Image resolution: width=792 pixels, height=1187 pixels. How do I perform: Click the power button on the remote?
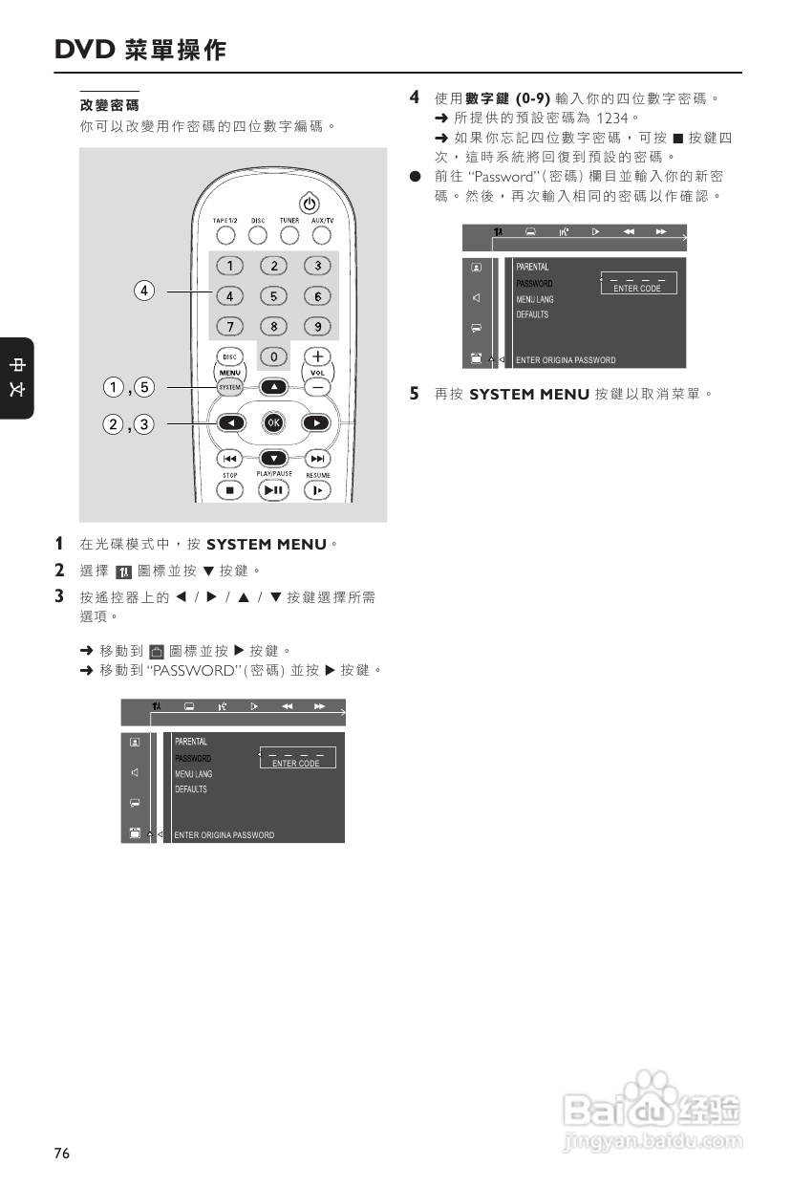(x=309, y=204)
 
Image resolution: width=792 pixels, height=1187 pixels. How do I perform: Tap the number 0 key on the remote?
(x=274, y=356)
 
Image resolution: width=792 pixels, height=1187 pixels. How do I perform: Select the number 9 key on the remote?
(x=317, y=326)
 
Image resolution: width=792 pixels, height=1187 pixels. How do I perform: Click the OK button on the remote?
(x=274, y=422)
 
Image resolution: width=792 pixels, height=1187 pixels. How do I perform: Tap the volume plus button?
(x=317, y=356)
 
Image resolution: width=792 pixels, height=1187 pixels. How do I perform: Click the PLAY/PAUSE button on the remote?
(x=274, y=490)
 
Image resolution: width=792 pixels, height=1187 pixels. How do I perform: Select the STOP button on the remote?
(x=229, y=490)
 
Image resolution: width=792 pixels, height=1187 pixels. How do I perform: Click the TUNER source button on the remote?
(x=289, y=234)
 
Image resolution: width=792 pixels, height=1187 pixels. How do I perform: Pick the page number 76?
(x=62, y=1154)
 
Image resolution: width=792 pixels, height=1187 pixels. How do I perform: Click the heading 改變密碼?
(x=109, y=104)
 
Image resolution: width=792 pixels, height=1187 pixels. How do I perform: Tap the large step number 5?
(x=415, y=393)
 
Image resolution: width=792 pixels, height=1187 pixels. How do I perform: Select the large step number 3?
(x=59, y=597)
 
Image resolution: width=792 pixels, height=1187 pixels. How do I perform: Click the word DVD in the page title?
(x=85, y=51)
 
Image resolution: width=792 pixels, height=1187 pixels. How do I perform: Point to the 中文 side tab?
(x=17, y=378)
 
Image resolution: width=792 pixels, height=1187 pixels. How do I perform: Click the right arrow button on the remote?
(x=315, y=422)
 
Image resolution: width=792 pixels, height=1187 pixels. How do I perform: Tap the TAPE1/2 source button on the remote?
(x=225, y=234)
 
